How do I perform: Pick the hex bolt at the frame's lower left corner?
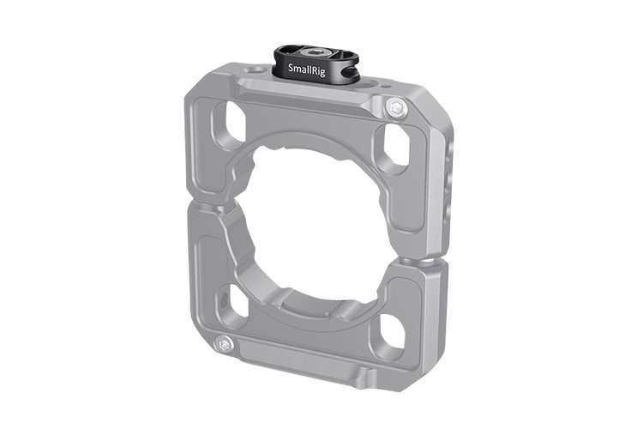click(225, 344)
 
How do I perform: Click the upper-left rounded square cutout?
click(230, 119)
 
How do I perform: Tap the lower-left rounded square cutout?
click(234, 301)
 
